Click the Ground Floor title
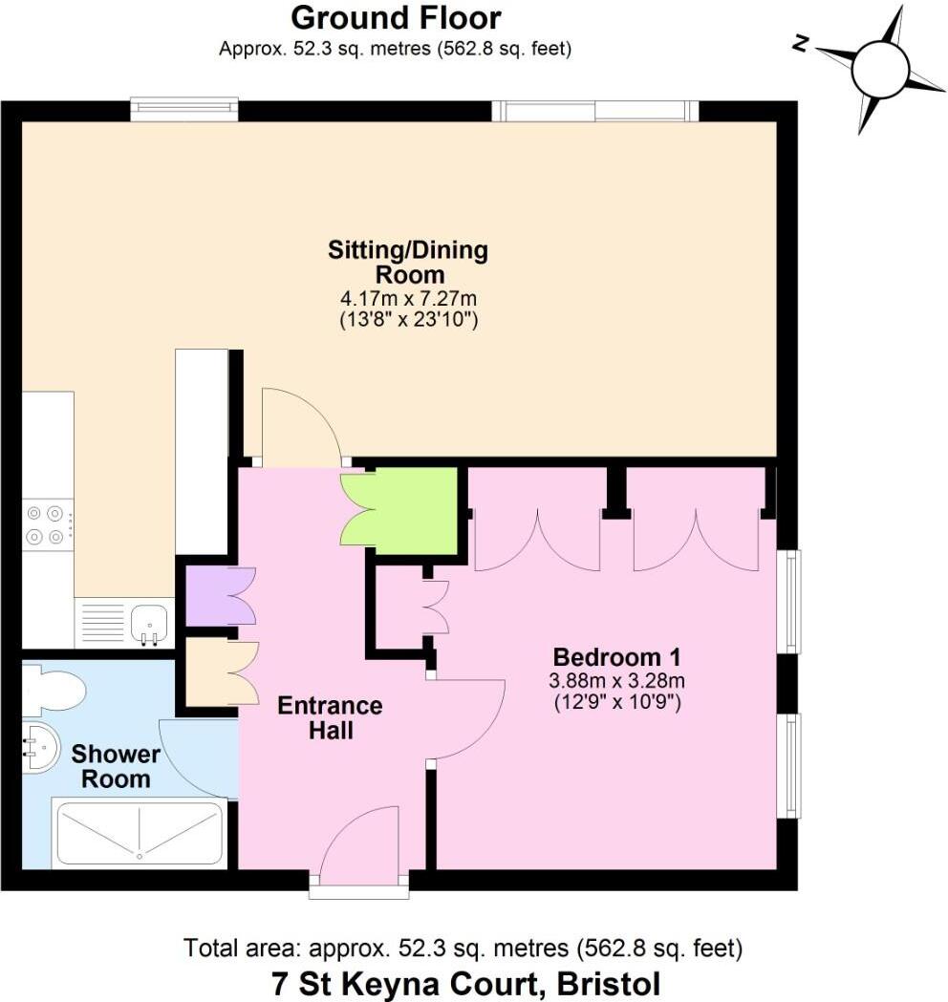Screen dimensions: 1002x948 (395, 18)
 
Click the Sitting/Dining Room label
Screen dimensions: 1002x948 (408, 263)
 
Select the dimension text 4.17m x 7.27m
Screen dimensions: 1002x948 (408, 301)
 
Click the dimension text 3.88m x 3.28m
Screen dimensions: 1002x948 (616, 681)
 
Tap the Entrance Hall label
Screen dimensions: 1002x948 (330, 718)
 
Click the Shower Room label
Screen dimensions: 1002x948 (116, 766)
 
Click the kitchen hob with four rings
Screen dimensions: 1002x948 (47, 524)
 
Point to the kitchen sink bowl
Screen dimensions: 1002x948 (149, 623)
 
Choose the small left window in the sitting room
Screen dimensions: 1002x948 (184, 109)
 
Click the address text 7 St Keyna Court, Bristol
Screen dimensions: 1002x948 (465, 983)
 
